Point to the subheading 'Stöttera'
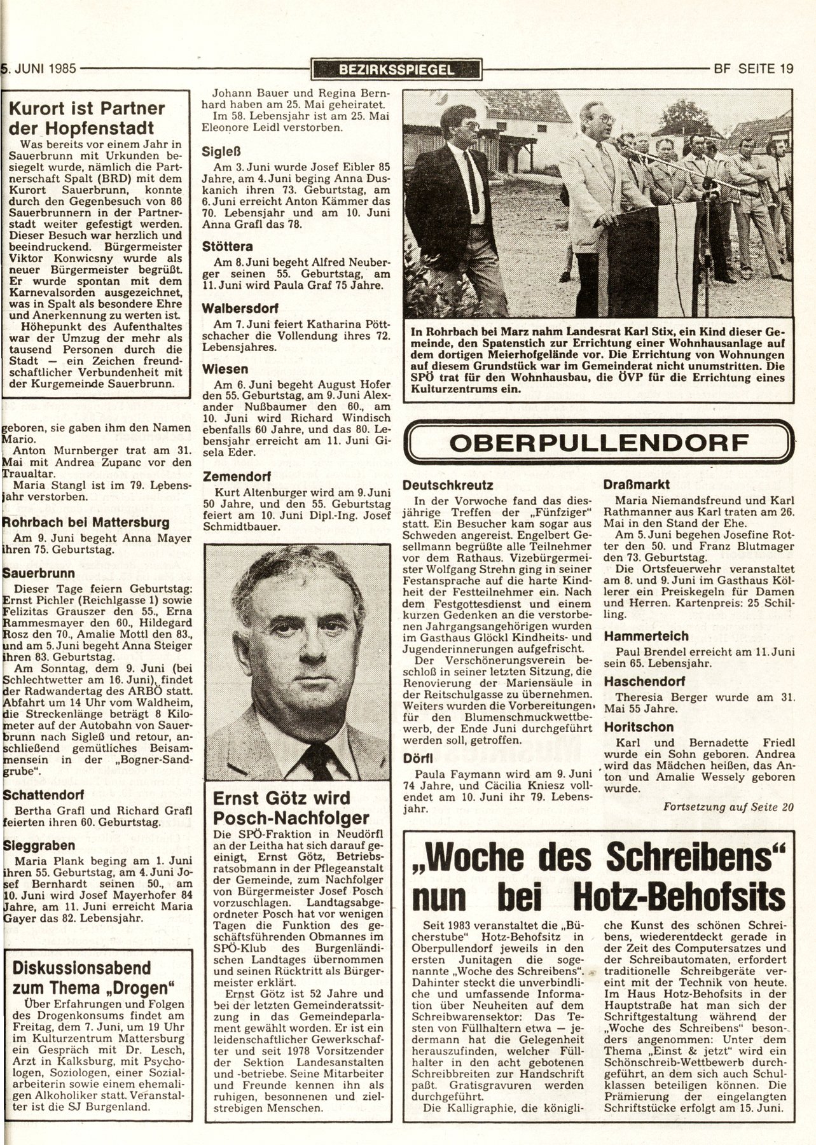pyautogui.click(x=227, y=246)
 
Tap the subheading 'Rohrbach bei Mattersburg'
pyautogui.click(x=86, y=522)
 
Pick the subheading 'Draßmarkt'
pyautogui.click(x=635, y=483)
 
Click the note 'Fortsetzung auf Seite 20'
pyautogui.click(x=728, y=807)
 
